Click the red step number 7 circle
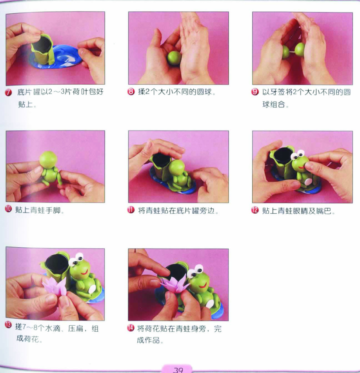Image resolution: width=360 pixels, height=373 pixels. pyautogui.click(x=8, y=92)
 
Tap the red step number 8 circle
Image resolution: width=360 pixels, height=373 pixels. pyautogui.click(x=131, y=92)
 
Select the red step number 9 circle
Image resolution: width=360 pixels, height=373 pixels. pyautogui.click(x=255, y=92)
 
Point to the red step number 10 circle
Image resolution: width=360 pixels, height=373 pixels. pyautogui.click(x=8, y=209)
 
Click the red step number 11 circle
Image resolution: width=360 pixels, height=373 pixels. pyautogui.click(x=131, y=210)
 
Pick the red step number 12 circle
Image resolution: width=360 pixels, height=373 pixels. pyautogui.click(x=255, y=210)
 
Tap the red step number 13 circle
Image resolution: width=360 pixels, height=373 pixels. pyautogui.click(x=8, y=325)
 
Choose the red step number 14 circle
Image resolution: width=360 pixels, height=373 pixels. pyautogui.click(x=131, y=328)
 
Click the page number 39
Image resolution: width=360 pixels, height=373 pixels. pyautogui.click(x=178, y=369)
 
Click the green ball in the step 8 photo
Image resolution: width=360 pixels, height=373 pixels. pyautogui.click(x=174, y=58)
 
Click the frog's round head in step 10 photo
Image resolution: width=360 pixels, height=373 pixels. pyautogui.click(x=48, y=160)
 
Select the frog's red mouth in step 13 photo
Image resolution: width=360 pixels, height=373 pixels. pyautogui.click(x=85, y=272)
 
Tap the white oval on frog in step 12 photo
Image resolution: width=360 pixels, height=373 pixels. pyautogui.click(x=308, y=182)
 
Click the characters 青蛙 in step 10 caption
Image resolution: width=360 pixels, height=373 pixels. pyautogui.click(x=38, y=210)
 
